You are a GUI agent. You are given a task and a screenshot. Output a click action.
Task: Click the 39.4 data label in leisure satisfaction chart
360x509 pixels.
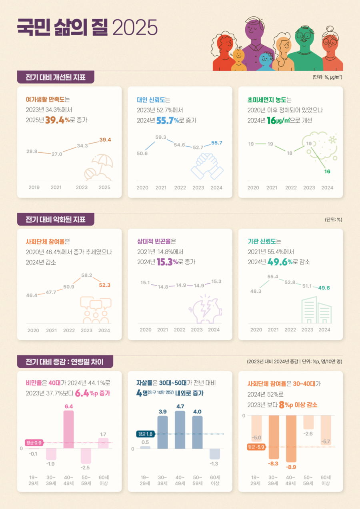click(105, 140)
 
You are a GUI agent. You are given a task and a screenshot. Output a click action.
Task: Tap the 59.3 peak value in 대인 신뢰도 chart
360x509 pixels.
click(161, 137)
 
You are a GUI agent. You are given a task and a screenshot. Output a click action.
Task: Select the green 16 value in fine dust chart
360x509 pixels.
click(327, 172)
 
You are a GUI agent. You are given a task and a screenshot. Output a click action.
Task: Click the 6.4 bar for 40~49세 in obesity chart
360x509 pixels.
click(68, 429)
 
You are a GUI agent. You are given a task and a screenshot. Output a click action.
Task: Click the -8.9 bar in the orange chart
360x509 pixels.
click(291, 438)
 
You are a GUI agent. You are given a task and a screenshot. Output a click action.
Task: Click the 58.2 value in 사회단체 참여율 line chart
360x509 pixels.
click(87, 275)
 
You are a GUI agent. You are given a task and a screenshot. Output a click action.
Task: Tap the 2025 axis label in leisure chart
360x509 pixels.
click(104, 187)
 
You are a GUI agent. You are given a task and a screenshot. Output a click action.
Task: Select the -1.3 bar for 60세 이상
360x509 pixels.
click(215, 453)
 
